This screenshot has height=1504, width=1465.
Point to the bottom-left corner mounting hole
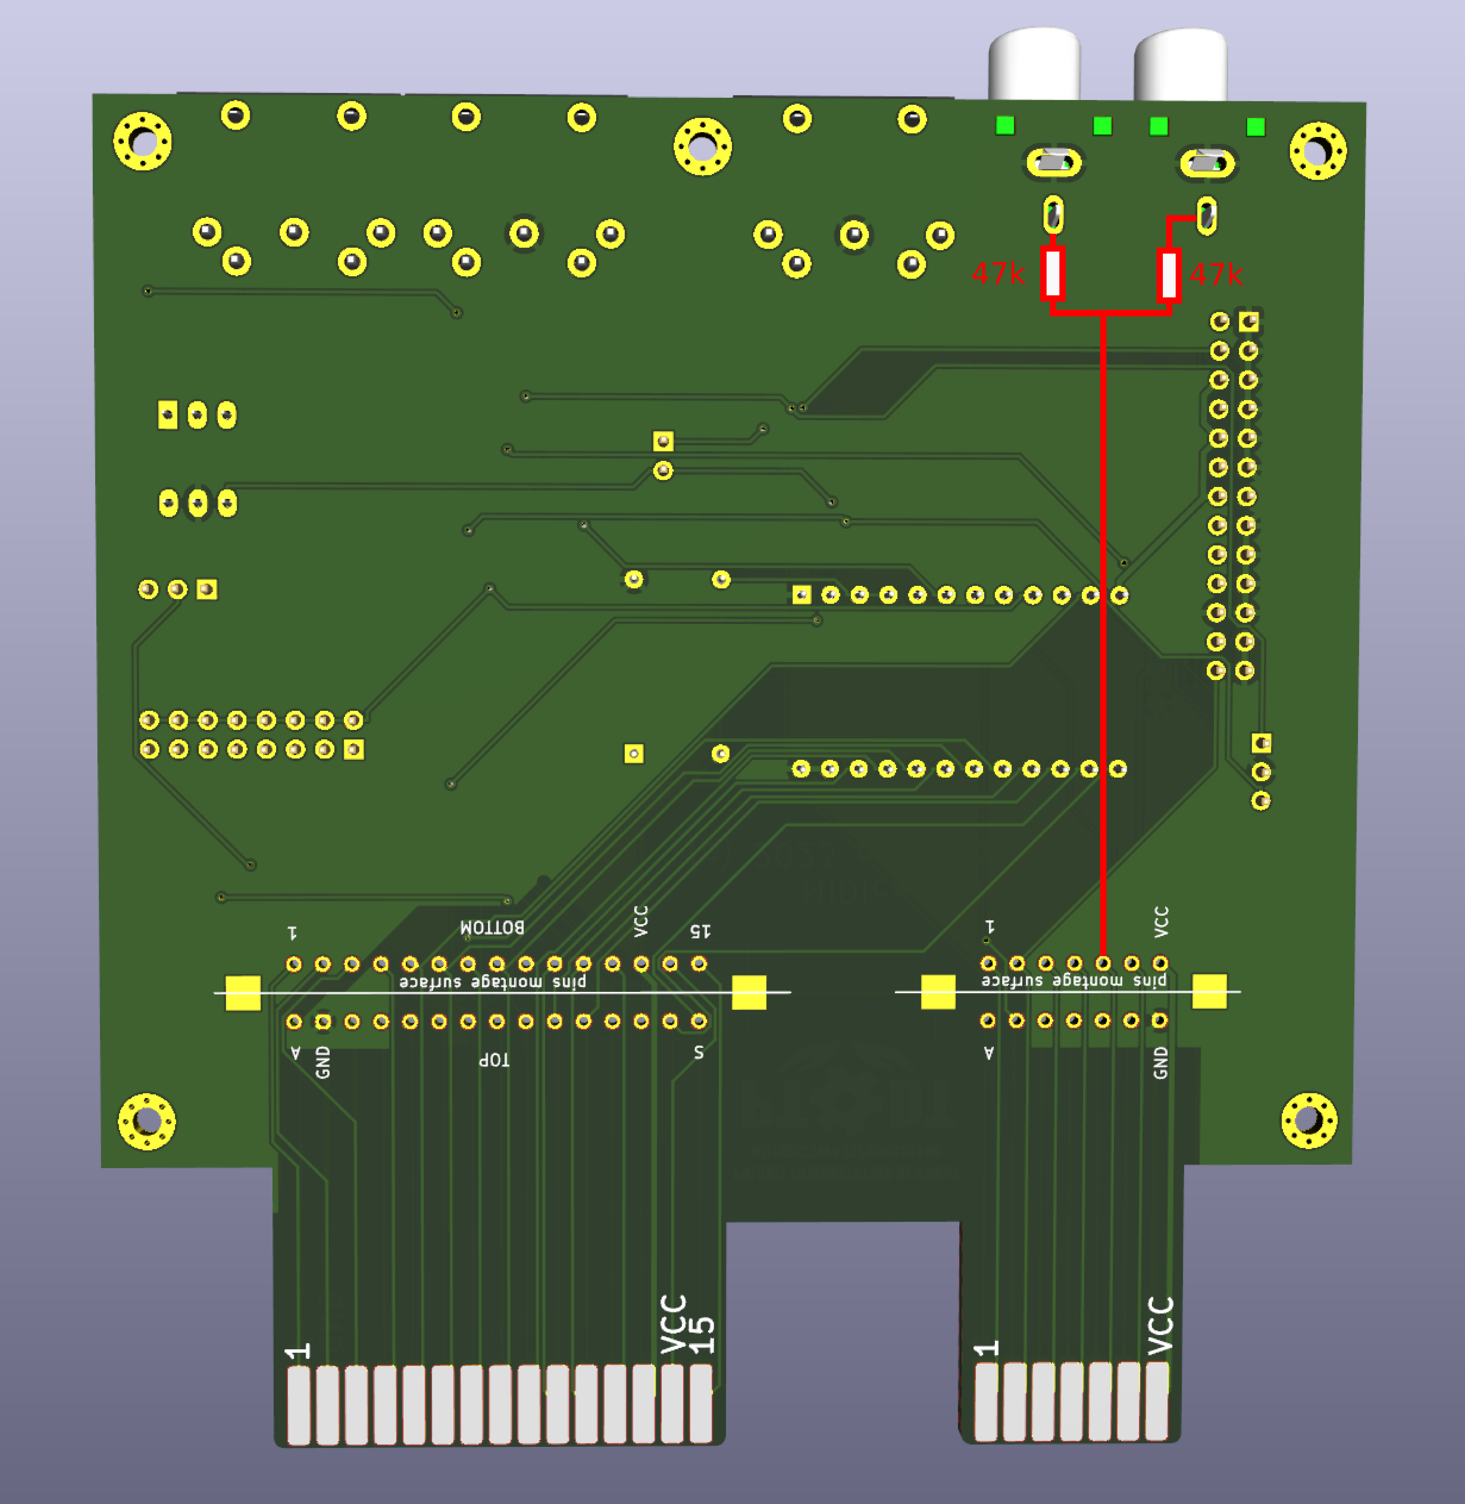[146, 1121]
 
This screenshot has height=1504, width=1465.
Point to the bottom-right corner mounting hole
[1309, 1120]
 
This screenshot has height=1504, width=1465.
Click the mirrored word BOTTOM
[492, 927]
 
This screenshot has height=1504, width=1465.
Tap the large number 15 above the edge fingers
[701, 1335]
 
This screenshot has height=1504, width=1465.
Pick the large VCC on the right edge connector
[1160, 1325]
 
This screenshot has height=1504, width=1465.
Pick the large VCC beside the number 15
[673, 1324]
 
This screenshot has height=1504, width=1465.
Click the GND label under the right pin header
[1160, 1063]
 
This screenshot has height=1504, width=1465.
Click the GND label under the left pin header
[323, 1062]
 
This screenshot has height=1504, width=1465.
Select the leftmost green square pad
[1005, 126]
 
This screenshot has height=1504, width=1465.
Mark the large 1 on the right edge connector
[987, 1349]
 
